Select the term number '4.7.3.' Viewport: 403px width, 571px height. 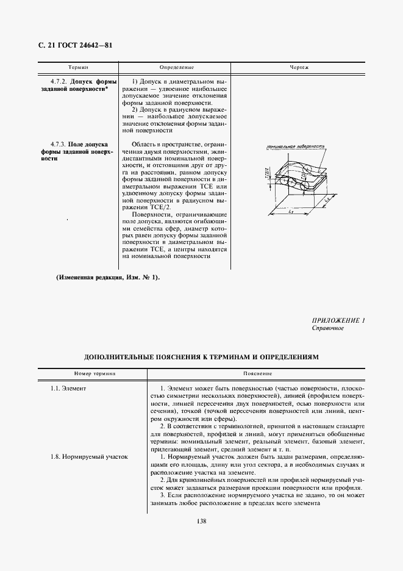point(60,144)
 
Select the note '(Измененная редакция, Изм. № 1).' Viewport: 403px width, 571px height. point(108,278)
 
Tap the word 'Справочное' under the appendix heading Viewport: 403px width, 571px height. point(328,328)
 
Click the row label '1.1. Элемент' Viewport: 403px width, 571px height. point(69,388)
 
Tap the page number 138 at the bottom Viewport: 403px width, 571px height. point(201,520)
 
